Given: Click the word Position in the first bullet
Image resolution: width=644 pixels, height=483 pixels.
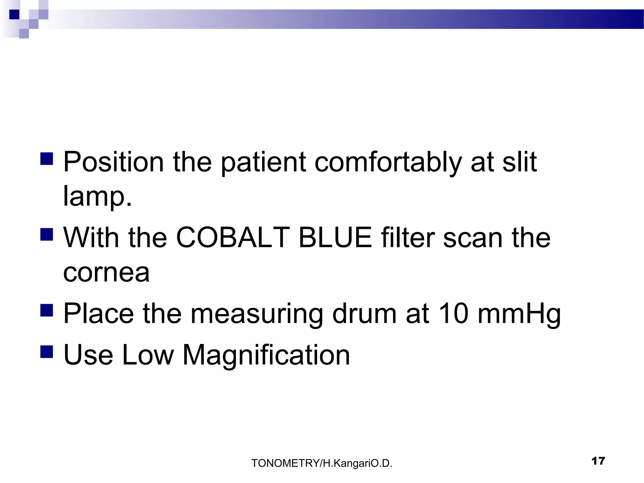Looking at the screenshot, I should click(113, 162).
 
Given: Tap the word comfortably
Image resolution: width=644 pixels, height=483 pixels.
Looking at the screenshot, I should click(388, 163).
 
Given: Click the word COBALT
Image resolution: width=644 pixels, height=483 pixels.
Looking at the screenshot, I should click(233, 238).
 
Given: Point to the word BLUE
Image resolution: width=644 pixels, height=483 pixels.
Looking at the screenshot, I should click(335, 238).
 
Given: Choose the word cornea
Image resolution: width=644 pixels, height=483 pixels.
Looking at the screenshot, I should click(106, 272).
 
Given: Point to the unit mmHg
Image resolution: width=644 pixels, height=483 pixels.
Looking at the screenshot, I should click(519, 314).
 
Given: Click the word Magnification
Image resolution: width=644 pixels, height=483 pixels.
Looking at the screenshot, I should click(266, 355).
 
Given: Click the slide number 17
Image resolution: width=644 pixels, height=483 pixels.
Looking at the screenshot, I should click(598, 461).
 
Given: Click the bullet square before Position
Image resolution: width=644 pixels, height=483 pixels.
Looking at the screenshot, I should click(47, 159).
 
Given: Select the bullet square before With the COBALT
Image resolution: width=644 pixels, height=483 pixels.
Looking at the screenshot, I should click(47, 234).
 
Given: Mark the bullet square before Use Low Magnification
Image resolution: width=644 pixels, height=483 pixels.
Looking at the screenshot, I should click(47, 352).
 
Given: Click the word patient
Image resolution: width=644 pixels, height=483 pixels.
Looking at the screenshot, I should click(263, 163).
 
